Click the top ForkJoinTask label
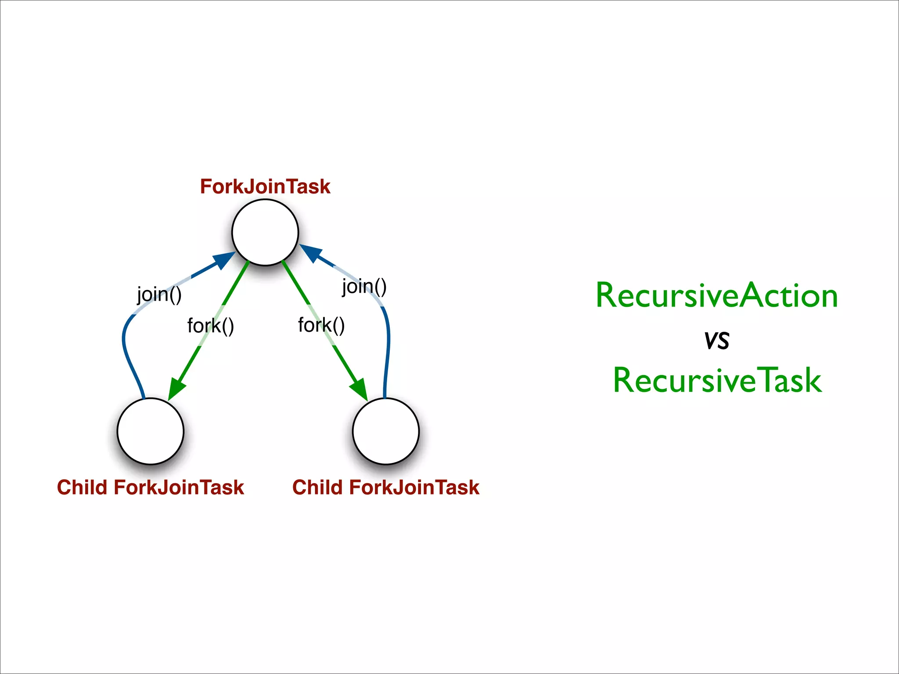click(265, 186)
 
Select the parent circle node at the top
click(265, 233)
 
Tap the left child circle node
click(151, 431)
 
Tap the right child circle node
click(386, 431)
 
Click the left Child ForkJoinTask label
click(151, 488)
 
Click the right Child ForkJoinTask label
click(386, 488)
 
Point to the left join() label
click(159, 294)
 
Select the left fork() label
click(210, 326)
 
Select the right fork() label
click(321, 325)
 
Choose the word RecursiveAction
click(716, 296)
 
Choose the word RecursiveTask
click(717, 380)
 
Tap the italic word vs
click(717, 340)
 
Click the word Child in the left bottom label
click(82, 488)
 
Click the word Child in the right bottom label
click(317, 488)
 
